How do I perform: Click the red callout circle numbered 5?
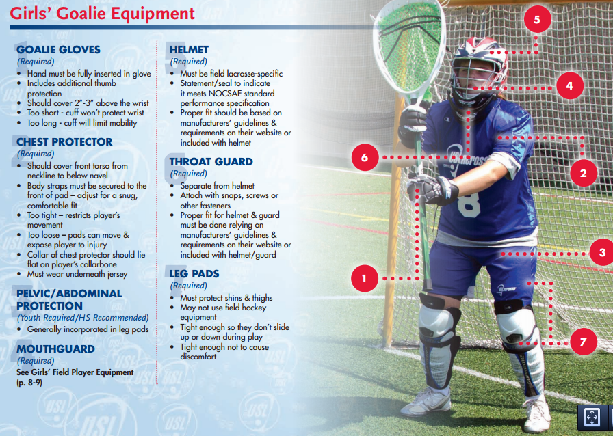[x=537, y=20]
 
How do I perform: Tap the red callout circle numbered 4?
[x=569, y=86]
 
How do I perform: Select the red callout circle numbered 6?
[x=365, y=157]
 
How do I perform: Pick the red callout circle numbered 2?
[x=583, y=173]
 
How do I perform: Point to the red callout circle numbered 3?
[x=601, y=252]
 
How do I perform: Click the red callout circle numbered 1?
[x=365, y=278]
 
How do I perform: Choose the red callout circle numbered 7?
[x=583, y=342]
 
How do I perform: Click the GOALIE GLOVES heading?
[x=58, y=50]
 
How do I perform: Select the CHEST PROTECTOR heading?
[x=64, y=142]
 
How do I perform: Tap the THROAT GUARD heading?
[x=211, y=162]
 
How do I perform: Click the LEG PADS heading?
[x=194, y=274]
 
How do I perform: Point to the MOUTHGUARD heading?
[x=55, y=349]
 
